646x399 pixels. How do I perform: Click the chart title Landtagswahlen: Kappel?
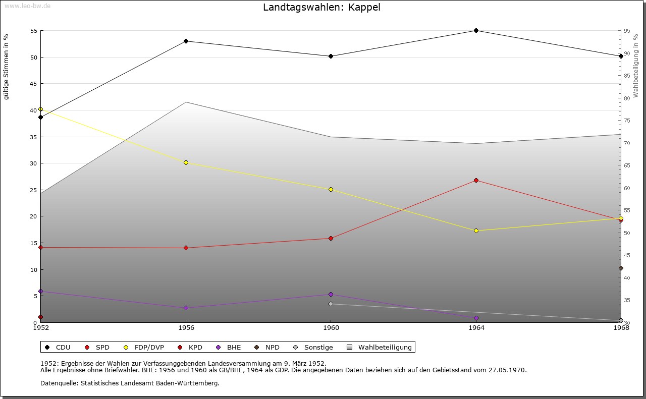[x=321, y=7]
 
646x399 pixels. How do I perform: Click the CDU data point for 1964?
[x=476, y=31]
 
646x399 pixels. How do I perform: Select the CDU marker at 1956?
[x=186, y=41]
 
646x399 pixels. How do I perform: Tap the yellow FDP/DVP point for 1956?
[x=186, y=163]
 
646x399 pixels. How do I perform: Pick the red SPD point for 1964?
[x=476, y=181]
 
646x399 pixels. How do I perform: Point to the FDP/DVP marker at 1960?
[x=331, y=190]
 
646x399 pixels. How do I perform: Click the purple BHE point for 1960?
[x=331, y=295]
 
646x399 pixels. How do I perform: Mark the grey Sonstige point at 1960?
[x=331, y=304]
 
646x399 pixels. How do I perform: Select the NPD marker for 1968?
[x=621, y=268]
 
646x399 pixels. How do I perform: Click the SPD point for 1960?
[x=331, y=239]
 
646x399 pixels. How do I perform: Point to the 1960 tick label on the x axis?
[x=331, y=328]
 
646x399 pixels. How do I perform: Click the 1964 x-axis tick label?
[x=476, y=328]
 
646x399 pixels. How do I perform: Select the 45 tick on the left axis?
[x=34, y=84]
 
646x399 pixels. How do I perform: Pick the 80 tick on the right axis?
[x=627, y=98]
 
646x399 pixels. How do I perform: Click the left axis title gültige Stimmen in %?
[x=7, y=67]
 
